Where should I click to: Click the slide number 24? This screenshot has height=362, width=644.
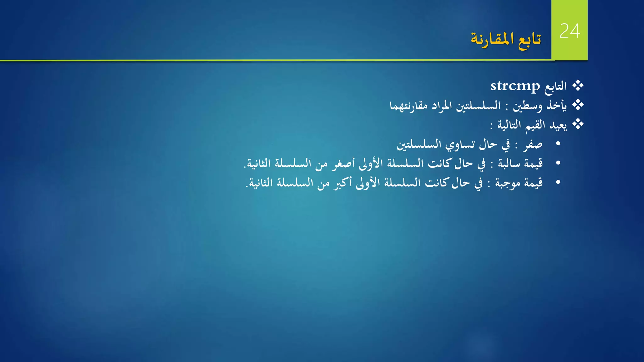tap(570, 31)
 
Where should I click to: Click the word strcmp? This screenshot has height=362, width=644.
tap(515, 86)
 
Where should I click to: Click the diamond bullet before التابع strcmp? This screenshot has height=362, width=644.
tap(578, 85)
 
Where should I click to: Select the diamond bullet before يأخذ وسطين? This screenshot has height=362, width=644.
tap(578, 105)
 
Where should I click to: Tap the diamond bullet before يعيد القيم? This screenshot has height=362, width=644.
tap(578, 124)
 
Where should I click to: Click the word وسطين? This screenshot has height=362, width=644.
tap(527, 106)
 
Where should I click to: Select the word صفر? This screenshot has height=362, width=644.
tap(533, 145)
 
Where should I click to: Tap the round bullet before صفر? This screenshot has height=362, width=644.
tap(558, 144)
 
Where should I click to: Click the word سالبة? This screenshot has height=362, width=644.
tap(509, 164)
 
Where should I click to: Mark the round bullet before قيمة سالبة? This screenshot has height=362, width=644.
tap(558, 163)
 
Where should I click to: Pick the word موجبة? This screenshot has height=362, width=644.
tap(507, 183)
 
